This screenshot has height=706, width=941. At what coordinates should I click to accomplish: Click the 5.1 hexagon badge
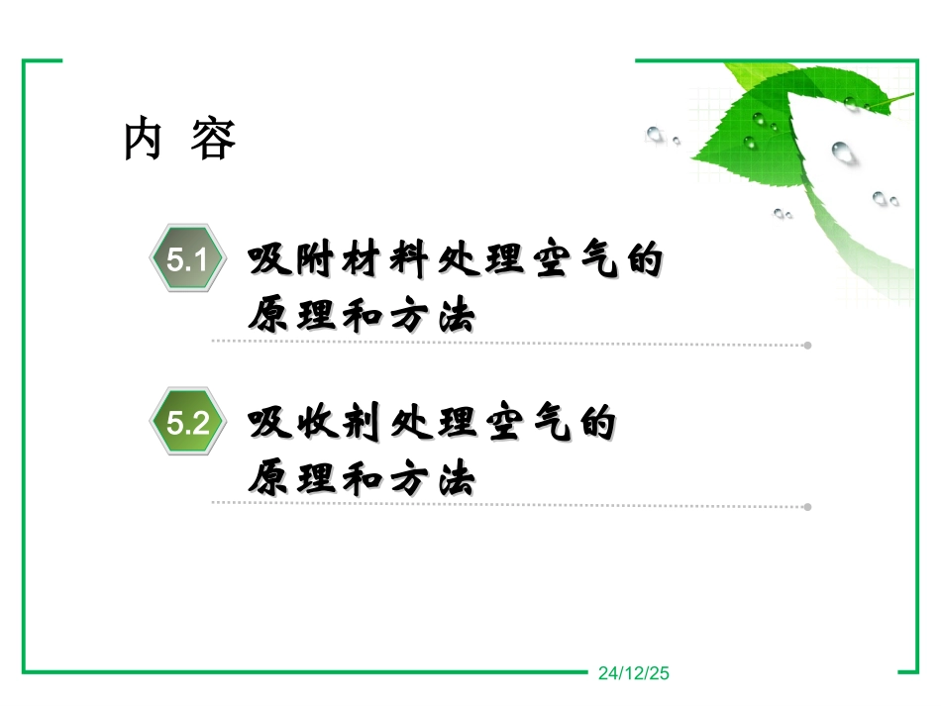click(x=186, y=261)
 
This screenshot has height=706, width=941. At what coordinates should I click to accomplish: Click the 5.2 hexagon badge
click(x=186, y=424)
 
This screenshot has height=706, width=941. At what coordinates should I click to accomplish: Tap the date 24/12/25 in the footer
click(x=635, y=674)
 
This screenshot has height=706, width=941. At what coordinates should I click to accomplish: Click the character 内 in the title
click(x=144, y=141)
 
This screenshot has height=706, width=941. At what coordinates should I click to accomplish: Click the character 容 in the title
click(x=214, y=141)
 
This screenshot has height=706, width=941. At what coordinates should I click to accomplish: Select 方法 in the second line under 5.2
click(x=437, y=481)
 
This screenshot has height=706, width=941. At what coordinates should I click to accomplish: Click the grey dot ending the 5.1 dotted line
click(x=807, y=346)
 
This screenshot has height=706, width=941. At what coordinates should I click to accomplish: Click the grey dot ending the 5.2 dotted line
click(x=807, y=507)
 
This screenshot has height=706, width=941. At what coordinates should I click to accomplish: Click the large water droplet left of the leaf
click(x=655, y=134)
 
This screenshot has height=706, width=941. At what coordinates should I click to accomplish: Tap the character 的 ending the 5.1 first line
click(x=643, y=262)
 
